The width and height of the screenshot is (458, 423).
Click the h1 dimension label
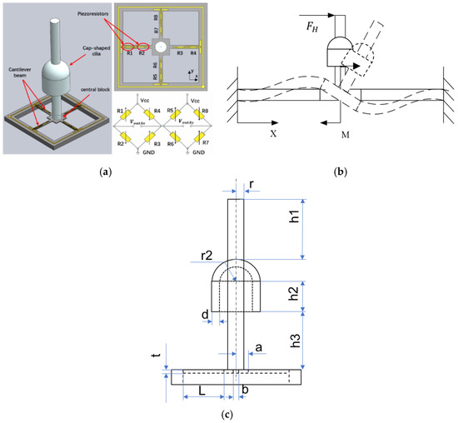(x=317, y=221)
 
